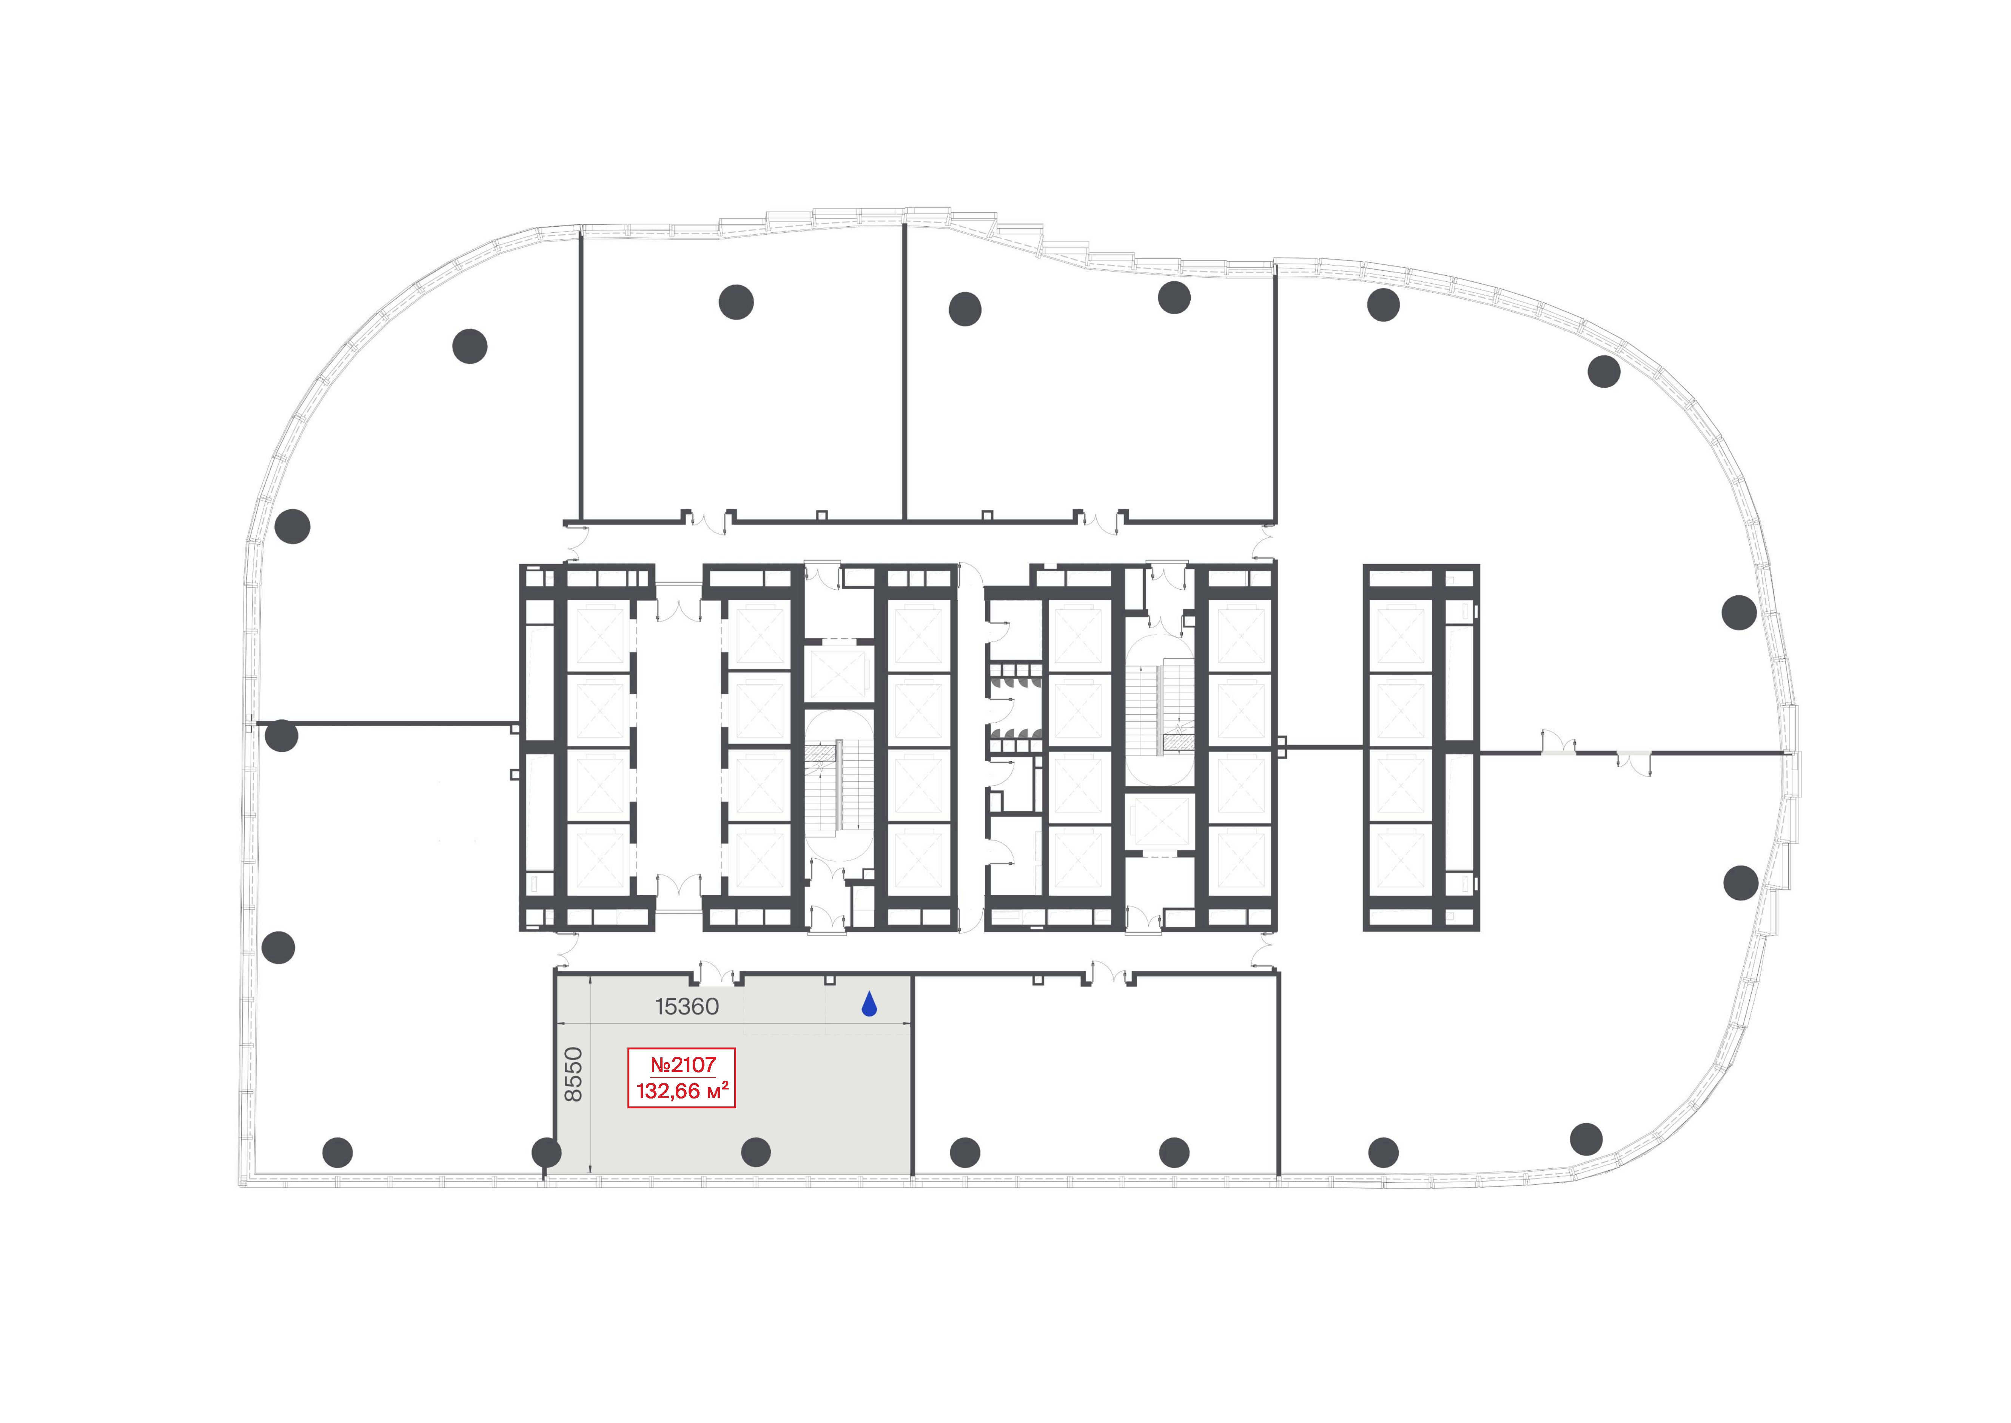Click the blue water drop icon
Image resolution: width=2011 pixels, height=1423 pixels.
pyautogui.click(x=869, y=1004)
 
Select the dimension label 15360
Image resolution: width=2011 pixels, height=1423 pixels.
pyautogui.click(x=687, y=1007)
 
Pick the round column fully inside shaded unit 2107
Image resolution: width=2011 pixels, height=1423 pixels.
pyautogui.click(x=756, y=1152)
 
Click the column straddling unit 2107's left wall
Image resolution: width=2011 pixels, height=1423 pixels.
pyautogui.click(x=547, y=1152)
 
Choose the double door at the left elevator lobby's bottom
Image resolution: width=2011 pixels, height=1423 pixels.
pyautogui.click(x=679, y=885)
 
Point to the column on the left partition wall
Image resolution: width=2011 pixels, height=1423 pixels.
pyautogui.click(x=281, y=735)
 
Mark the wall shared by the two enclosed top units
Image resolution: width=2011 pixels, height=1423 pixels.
pyautogui.click(x=904, y=372)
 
